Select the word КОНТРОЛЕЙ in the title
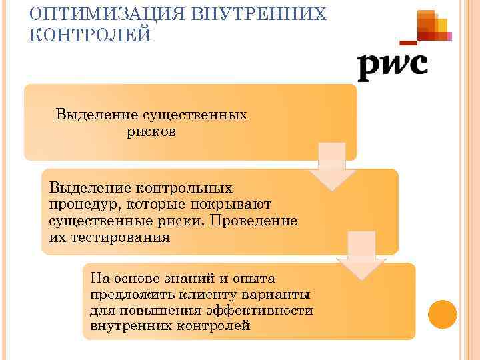pos(91,34)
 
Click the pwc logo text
pos(392,65)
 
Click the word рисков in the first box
pos(151,131)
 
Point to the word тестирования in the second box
pos(118,237)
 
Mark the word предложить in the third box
pos(127,294)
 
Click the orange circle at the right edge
pos(441,314)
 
